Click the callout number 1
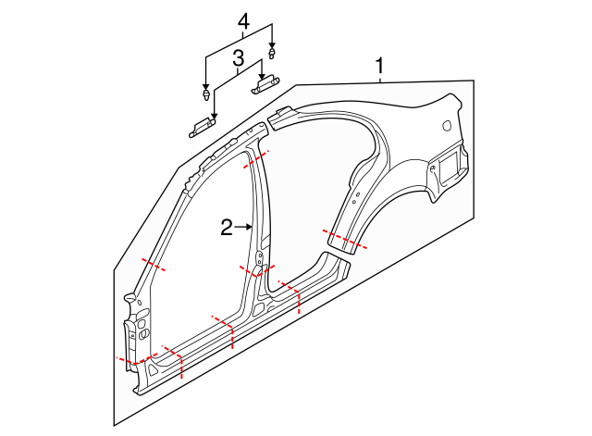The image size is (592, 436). pyautogui.click(x=379, y=66)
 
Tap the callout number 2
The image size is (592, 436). pyautogui.click(x=226, y=227)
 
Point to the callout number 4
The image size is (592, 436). pyautogui.click(x=243, y=20)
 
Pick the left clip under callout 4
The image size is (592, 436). pyautogui.click(x=205, y=95)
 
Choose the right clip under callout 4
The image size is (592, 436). pyautogui.click(x=272, y=50)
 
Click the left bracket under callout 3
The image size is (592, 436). pyautogui.click(x=202, y=128)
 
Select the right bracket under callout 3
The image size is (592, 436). pyautogui.click(x=265, y=84)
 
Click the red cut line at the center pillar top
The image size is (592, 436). pyautogui.click(x=256, y=159)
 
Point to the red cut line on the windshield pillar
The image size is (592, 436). pyautogui.click(x=152, y=265)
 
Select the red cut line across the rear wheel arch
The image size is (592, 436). pyautogui.click(x=345, y=240)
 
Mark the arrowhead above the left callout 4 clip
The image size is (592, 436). pyautogui.click(x=205, y=86)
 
